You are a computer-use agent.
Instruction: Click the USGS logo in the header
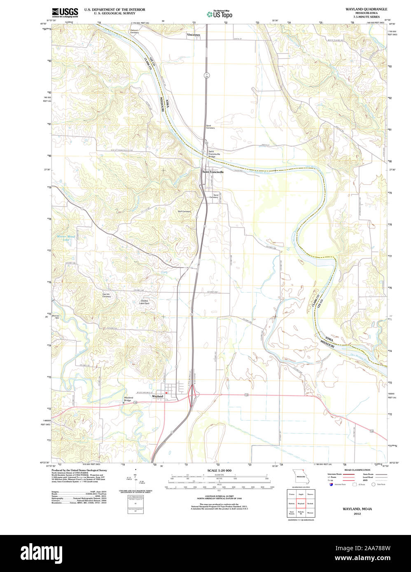(65, 12)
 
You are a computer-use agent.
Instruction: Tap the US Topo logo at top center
(220, 14)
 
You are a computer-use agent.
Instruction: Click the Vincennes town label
(193, 35)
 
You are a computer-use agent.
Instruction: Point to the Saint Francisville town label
(213, 172)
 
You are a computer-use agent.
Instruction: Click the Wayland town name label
(158, 397)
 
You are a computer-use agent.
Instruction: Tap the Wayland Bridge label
(128, 399)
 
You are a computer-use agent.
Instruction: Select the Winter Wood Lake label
(65, 238)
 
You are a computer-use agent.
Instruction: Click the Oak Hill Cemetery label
(107, 295)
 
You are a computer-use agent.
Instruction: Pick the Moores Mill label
(56, 317)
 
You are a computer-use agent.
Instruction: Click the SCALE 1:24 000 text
(219, 470)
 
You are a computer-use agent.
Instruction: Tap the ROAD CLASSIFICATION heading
(357, 470)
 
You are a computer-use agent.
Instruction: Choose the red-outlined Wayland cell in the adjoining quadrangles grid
(301, 504)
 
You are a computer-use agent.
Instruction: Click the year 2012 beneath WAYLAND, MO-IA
(357, 514)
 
